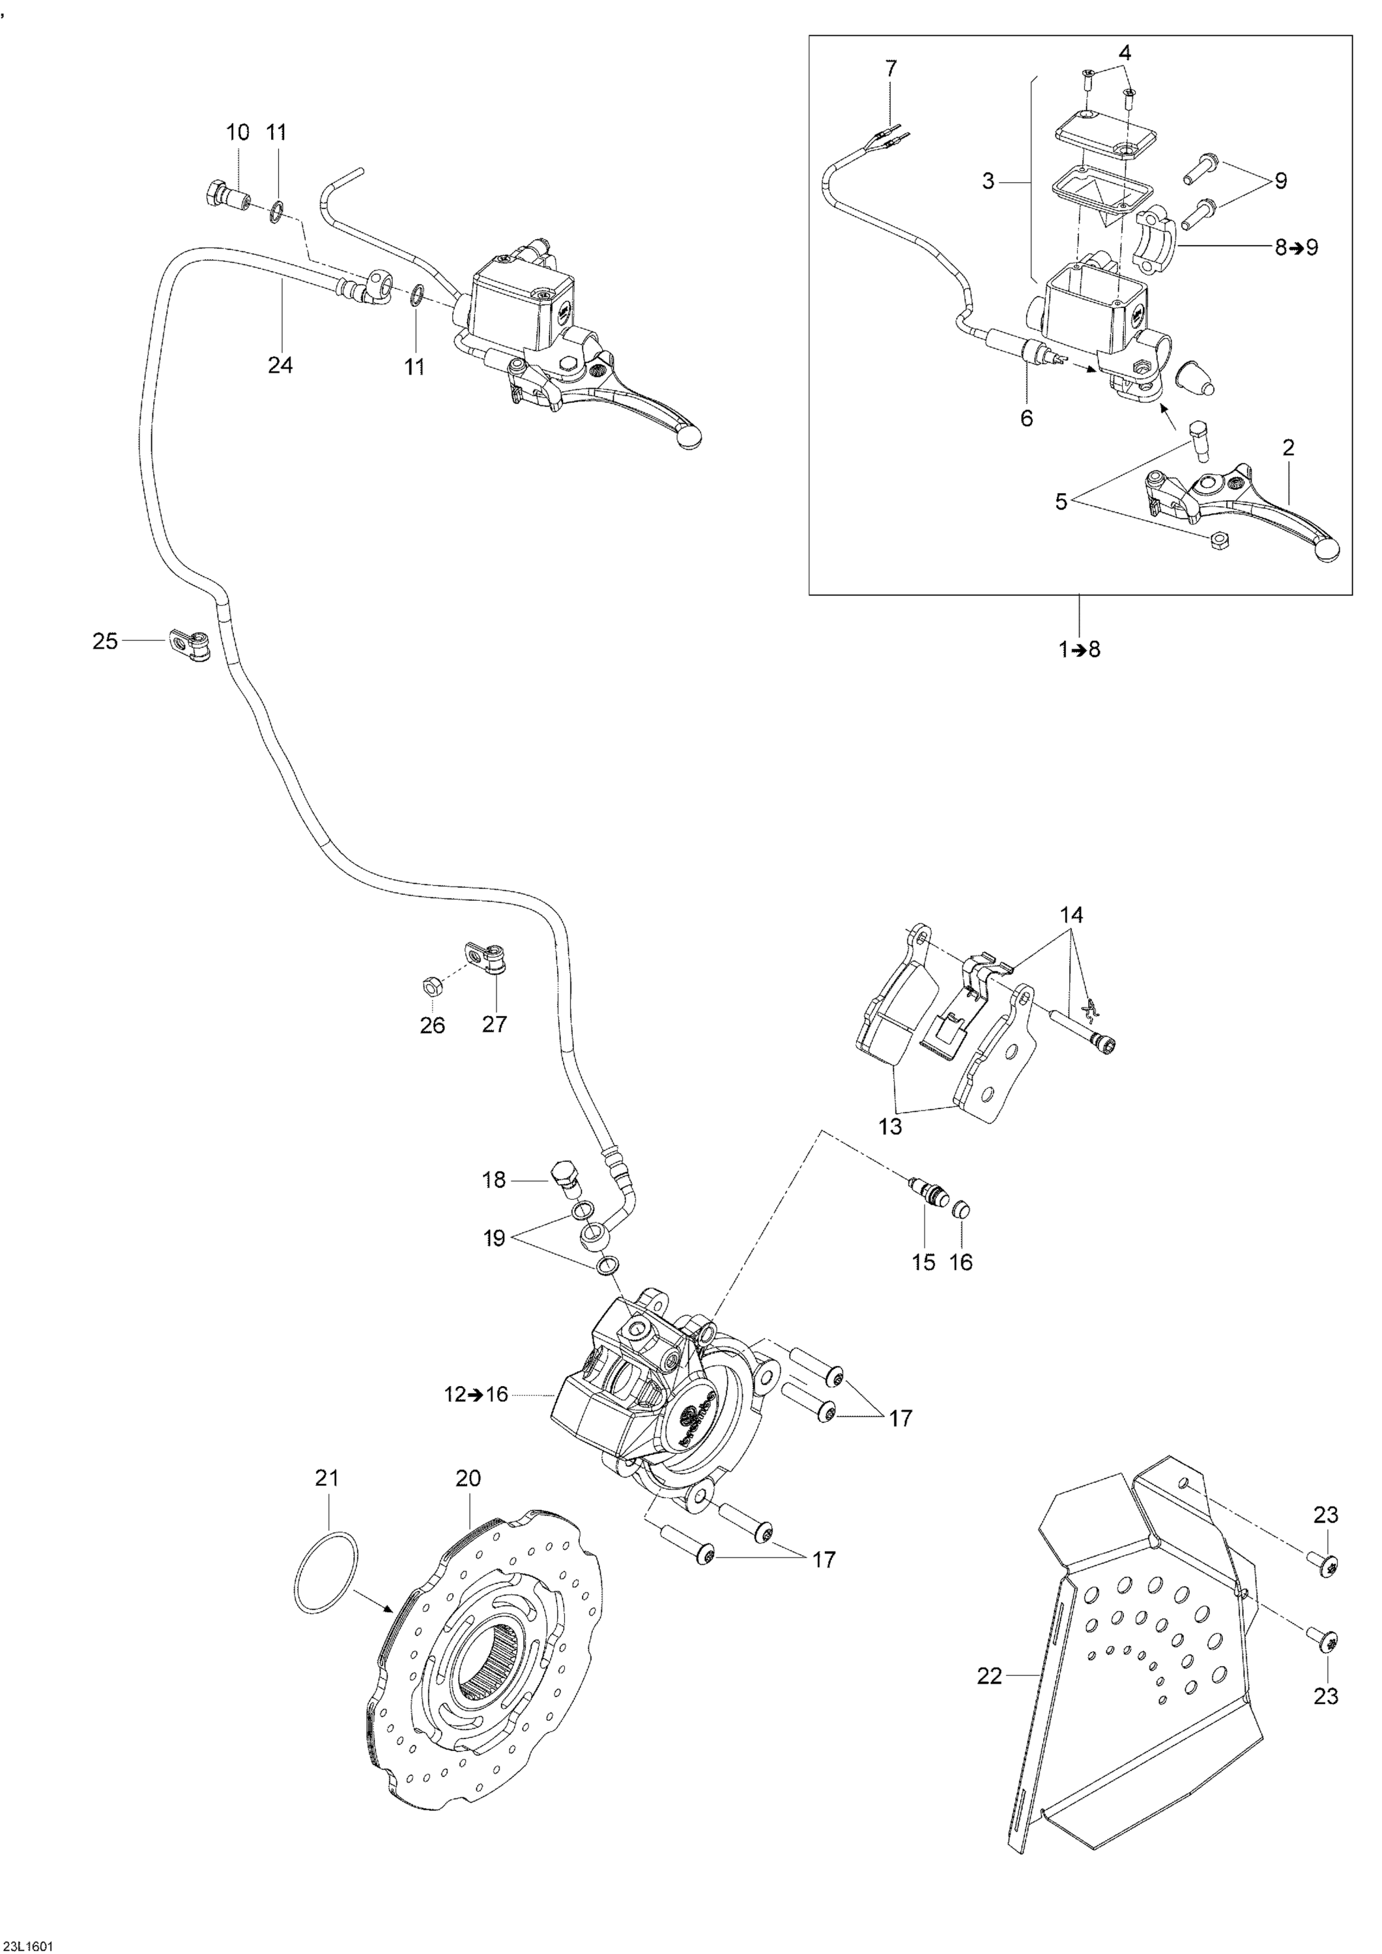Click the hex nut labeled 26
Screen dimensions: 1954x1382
pos(431,987)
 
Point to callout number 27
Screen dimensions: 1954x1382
pos(494,1024)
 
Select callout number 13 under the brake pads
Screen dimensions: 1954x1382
pos(890,1127)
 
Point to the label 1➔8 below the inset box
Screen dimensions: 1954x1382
pos(1080,649)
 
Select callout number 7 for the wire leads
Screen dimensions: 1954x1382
pos(891,68)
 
